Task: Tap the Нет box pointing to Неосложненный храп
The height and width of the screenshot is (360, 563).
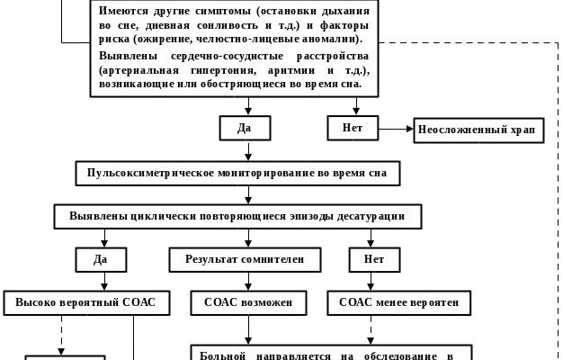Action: tap(352, 128)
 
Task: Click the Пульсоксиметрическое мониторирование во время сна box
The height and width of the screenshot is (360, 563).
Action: tap(237, 173)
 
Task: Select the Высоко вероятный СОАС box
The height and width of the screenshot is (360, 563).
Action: tap(85, 303)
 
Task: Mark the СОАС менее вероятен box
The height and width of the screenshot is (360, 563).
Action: tap(398, 303)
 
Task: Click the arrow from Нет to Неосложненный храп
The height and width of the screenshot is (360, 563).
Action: tap(394, 130)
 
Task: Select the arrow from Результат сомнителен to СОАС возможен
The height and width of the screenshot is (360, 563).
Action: tap(250, 281)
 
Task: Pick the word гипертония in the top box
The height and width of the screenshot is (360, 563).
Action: tap(229, 70)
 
